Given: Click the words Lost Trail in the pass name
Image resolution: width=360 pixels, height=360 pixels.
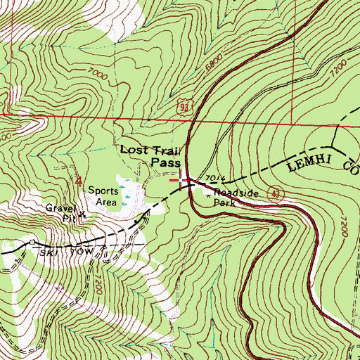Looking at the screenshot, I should click(x=150, y=150).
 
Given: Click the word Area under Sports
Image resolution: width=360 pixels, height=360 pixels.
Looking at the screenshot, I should click(x=105, y=201).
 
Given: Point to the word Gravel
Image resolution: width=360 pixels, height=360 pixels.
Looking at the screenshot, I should click(x=60, y=209).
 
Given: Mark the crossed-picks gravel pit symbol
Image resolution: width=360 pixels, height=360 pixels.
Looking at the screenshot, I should click(x=82, y=214).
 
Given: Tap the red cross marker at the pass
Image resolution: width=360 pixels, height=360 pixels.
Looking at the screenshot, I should click(x=184, y=181).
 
